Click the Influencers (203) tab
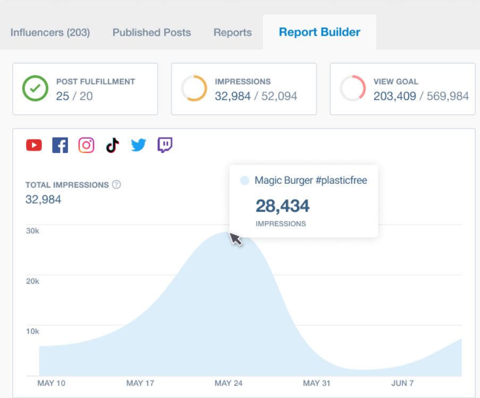50,32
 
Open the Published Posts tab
151,32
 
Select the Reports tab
232,32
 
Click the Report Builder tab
319,32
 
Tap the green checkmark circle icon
35,89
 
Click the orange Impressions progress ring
194,89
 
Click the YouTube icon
34,145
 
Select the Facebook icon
60,145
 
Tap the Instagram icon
86,145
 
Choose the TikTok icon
112,145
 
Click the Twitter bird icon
138,145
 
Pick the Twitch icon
165,145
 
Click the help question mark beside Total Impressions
116,185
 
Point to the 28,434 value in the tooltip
282,206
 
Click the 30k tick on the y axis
32,231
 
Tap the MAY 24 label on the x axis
229,383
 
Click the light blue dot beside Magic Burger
245,181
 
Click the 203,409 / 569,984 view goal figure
421,96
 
